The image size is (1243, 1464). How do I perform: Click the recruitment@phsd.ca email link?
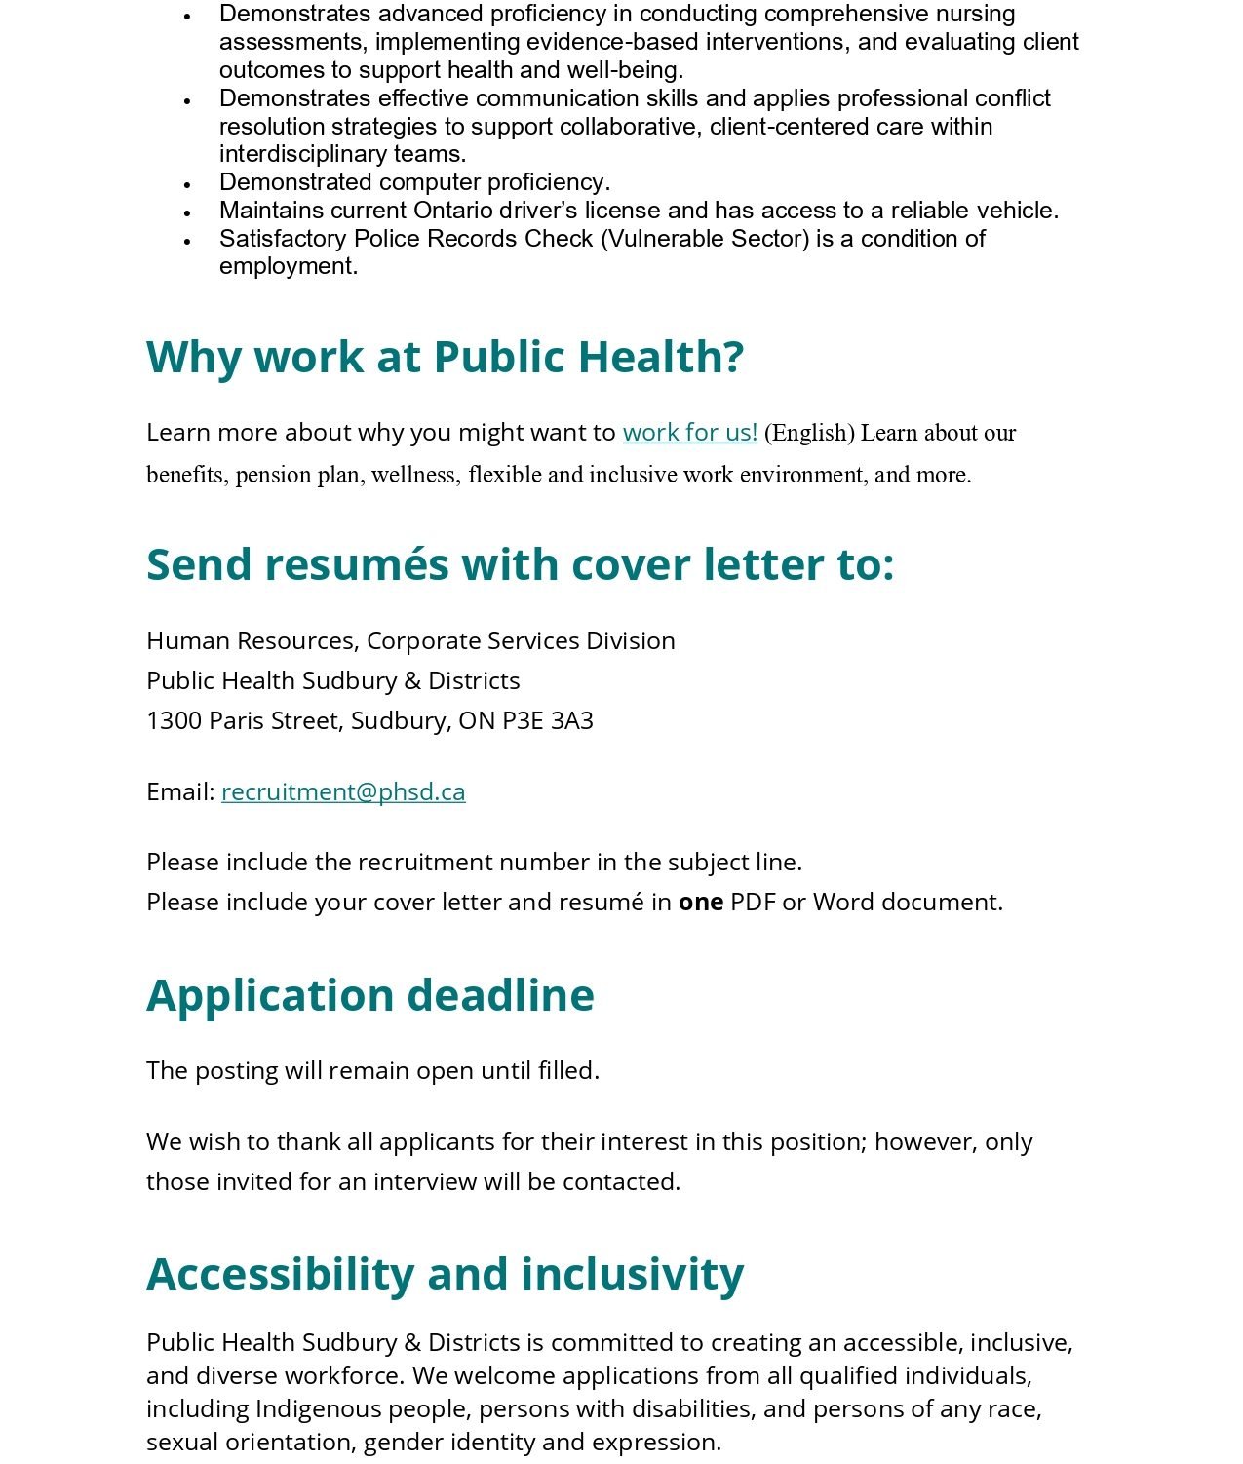pyautogui.click(x=343, y=791)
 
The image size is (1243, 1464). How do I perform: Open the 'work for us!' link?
pyautogui.click(x=689, y=432)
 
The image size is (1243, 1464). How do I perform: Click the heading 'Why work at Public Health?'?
pyautogui.click(x=445, y=357)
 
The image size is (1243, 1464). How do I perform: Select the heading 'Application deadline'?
pyautogui.click(x=369, y=995)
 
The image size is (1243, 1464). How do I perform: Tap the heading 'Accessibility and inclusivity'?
pyautogui.click(x=445, y=1274)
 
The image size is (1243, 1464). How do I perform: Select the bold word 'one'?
pyautogui.click(x=700, y=902)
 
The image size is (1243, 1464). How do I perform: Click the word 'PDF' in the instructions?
pyautogui.click(x=752, y=902)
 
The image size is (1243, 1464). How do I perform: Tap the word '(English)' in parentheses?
pyautogui.click(x=809, y=433)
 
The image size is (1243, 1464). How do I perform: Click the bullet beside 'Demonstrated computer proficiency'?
pyautogui.click(x=187, y=183)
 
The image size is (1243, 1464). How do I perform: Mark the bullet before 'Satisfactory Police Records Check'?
pyautogui.click(x=187, y=240)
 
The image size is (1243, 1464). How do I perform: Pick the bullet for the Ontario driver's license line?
pyautogui.click(x=187, y=212)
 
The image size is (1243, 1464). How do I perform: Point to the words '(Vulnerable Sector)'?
pyautogui.click(x=705, y=239)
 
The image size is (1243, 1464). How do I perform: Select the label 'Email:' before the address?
pyautogui.click(x=180, y=791)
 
